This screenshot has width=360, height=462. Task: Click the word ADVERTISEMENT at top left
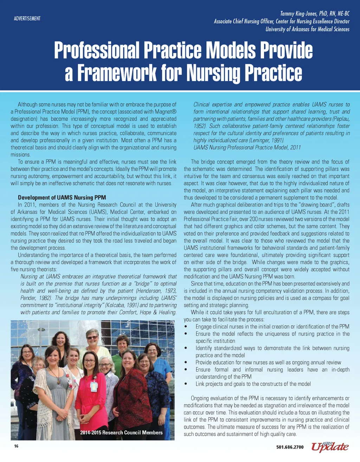point(27,18)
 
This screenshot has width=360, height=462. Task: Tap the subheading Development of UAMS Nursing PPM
point(62,198)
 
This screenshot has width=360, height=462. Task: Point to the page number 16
point(16,446)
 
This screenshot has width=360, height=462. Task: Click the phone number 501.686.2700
point(290,447)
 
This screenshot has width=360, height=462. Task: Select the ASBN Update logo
point(330,447)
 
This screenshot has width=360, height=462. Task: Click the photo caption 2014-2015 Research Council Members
point(121,432)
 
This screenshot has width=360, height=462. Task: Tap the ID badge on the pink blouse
point(94,386)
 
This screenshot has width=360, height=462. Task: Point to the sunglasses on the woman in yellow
point(92,338)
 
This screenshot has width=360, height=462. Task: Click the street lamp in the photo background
point(41,330)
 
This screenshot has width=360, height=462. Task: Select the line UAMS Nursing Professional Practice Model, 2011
point(247,147)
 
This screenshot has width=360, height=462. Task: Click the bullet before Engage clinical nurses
point(186,327)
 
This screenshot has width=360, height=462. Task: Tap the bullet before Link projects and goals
point(186,384)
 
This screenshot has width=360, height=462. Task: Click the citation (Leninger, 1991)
point(266,140)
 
